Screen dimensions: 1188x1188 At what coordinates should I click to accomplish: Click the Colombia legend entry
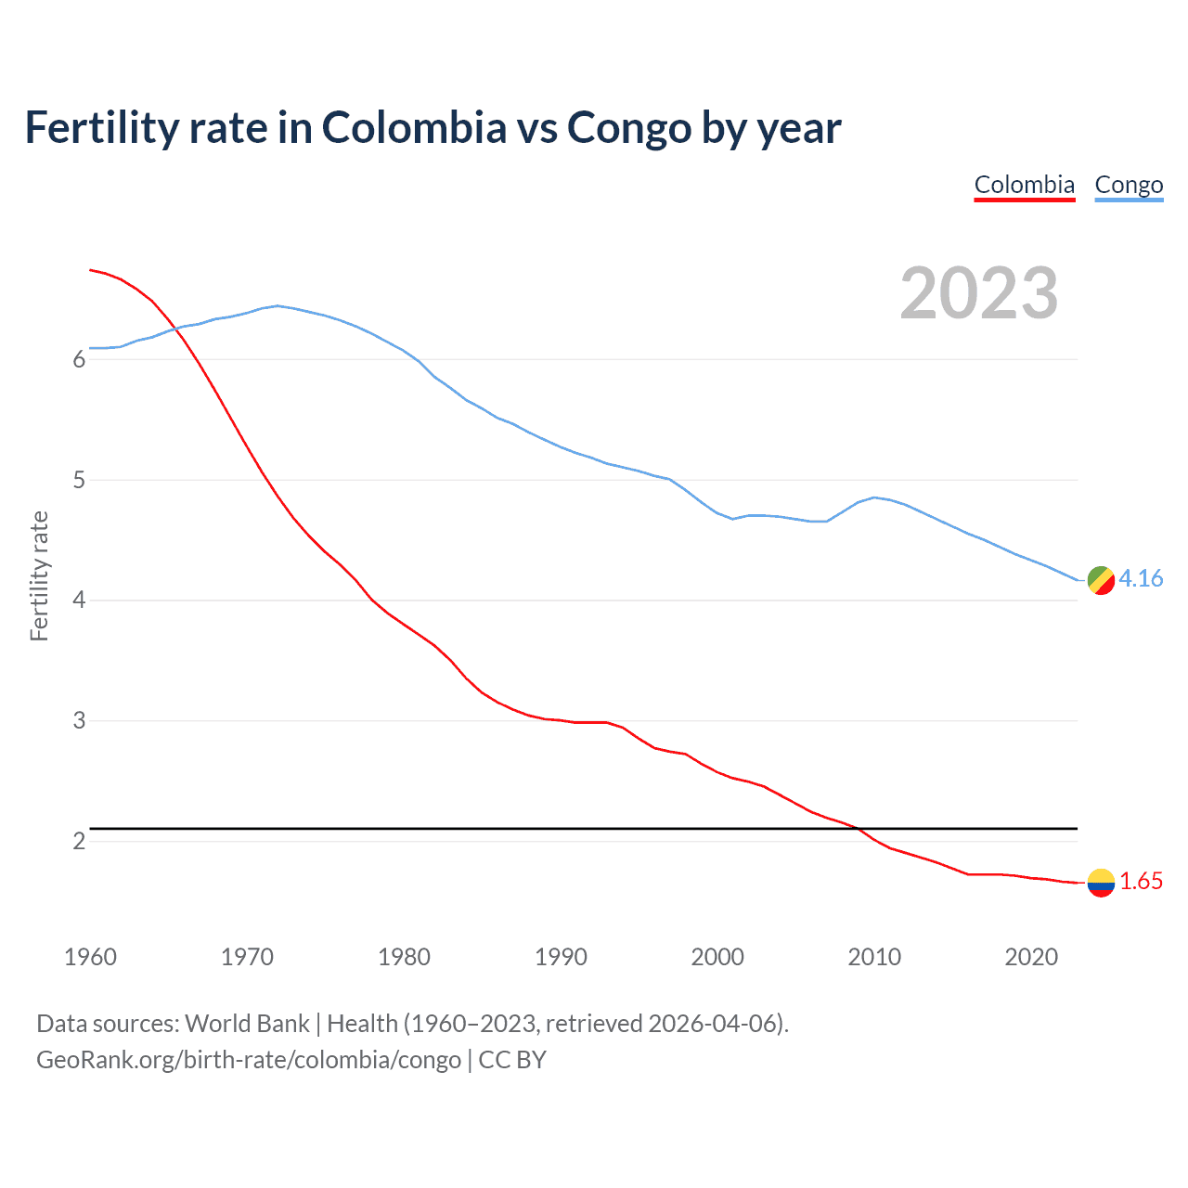click(x=1024, y=186)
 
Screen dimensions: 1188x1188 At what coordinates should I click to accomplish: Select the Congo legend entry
click(x=1129, y=186)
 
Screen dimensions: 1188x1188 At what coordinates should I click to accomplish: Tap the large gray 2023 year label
click(x=979, y=293)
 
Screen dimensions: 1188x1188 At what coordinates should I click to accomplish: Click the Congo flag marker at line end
click(x=1101, y=580)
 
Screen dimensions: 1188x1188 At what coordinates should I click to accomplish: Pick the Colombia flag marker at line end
click(x=1101, y=883)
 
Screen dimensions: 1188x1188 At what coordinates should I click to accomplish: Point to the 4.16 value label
click(x=1141, y=579)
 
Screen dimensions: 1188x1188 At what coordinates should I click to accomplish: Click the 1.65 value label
click(x=1141, y=882)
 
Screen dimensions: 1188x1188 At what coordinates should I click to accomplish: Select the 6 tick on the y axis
click(x=79, y=360)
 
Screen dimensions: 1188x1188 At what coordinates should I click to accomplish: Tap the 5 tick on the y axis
click(x=79, y=481)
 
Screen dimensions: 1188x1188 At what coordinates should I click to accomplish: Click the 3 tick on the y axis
click(x=79, y=721)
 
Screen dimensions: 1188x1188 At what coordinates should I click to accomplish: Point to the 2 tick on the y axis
click(x=79, y=842)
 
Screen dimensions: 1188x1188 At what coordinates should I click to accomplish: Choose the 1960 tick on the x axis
click(x=90, y=957)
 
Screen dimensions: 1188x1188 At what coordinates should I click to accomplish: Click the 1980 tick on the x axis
click(x=404, y=957)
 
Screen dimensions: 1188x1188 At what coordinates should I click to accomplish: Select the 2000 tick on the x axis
click(x=717, y=957)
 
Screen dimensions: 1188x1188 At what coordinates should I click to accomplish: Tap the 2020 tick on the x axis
click(x=1031, y=957)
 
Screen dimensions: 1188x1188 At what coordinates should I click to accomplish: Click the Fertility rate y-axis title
click(x=39, y=575)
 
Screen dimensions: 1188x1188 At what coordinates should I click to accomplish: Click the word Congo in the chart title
click(x=628, y=128)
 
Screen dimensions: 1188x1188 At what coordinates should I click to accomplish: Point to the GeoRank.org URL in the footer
click(x=249, y=1060)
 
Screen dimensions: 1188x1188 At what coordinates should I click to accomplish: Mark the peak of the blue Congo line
click(x=278, y=305)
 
